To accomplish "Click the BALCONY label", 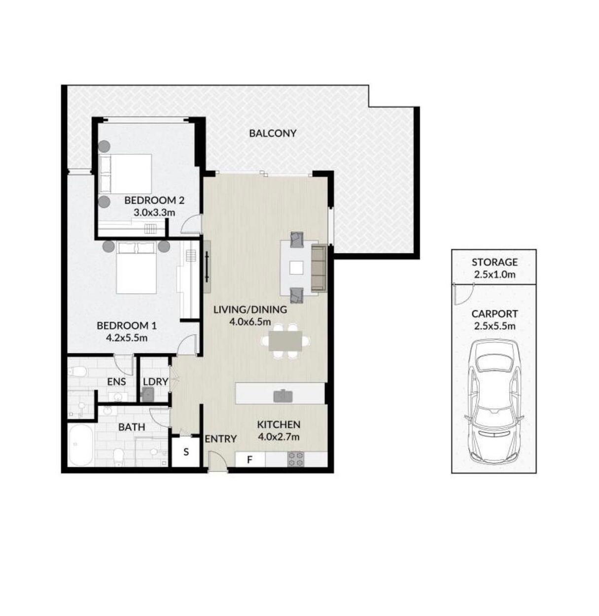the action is pos(272,133).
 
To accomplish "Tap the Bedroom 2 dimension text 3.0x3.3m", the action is pos(154,212).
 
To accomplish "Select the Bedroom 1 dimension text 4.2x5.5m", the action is pos(126,338).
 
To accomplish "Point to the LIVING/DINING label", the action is pos(250,309).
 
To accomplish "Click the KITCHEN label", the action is pos(278,424).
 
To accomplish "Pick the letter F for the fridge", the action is pos(249,460).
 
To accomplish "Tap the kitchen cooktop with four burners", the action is pos(295,459).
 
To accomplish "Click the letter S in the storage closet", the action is pos(186,452).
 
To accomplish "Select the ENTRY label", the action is pos(220,439).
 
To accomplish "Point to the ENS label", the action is pos(116,382).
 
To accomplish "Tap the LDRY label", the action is pos(155,382).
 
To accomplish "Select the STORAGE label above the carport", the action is pos(494,262).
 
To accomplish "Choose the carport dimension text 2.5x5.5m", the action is pos(494,326).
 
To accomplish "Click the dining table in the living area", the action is pos(285,341).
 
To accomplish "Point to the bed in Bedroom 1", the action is pos(137,268).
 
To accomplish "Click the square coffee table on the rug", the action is pos(296,268).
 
